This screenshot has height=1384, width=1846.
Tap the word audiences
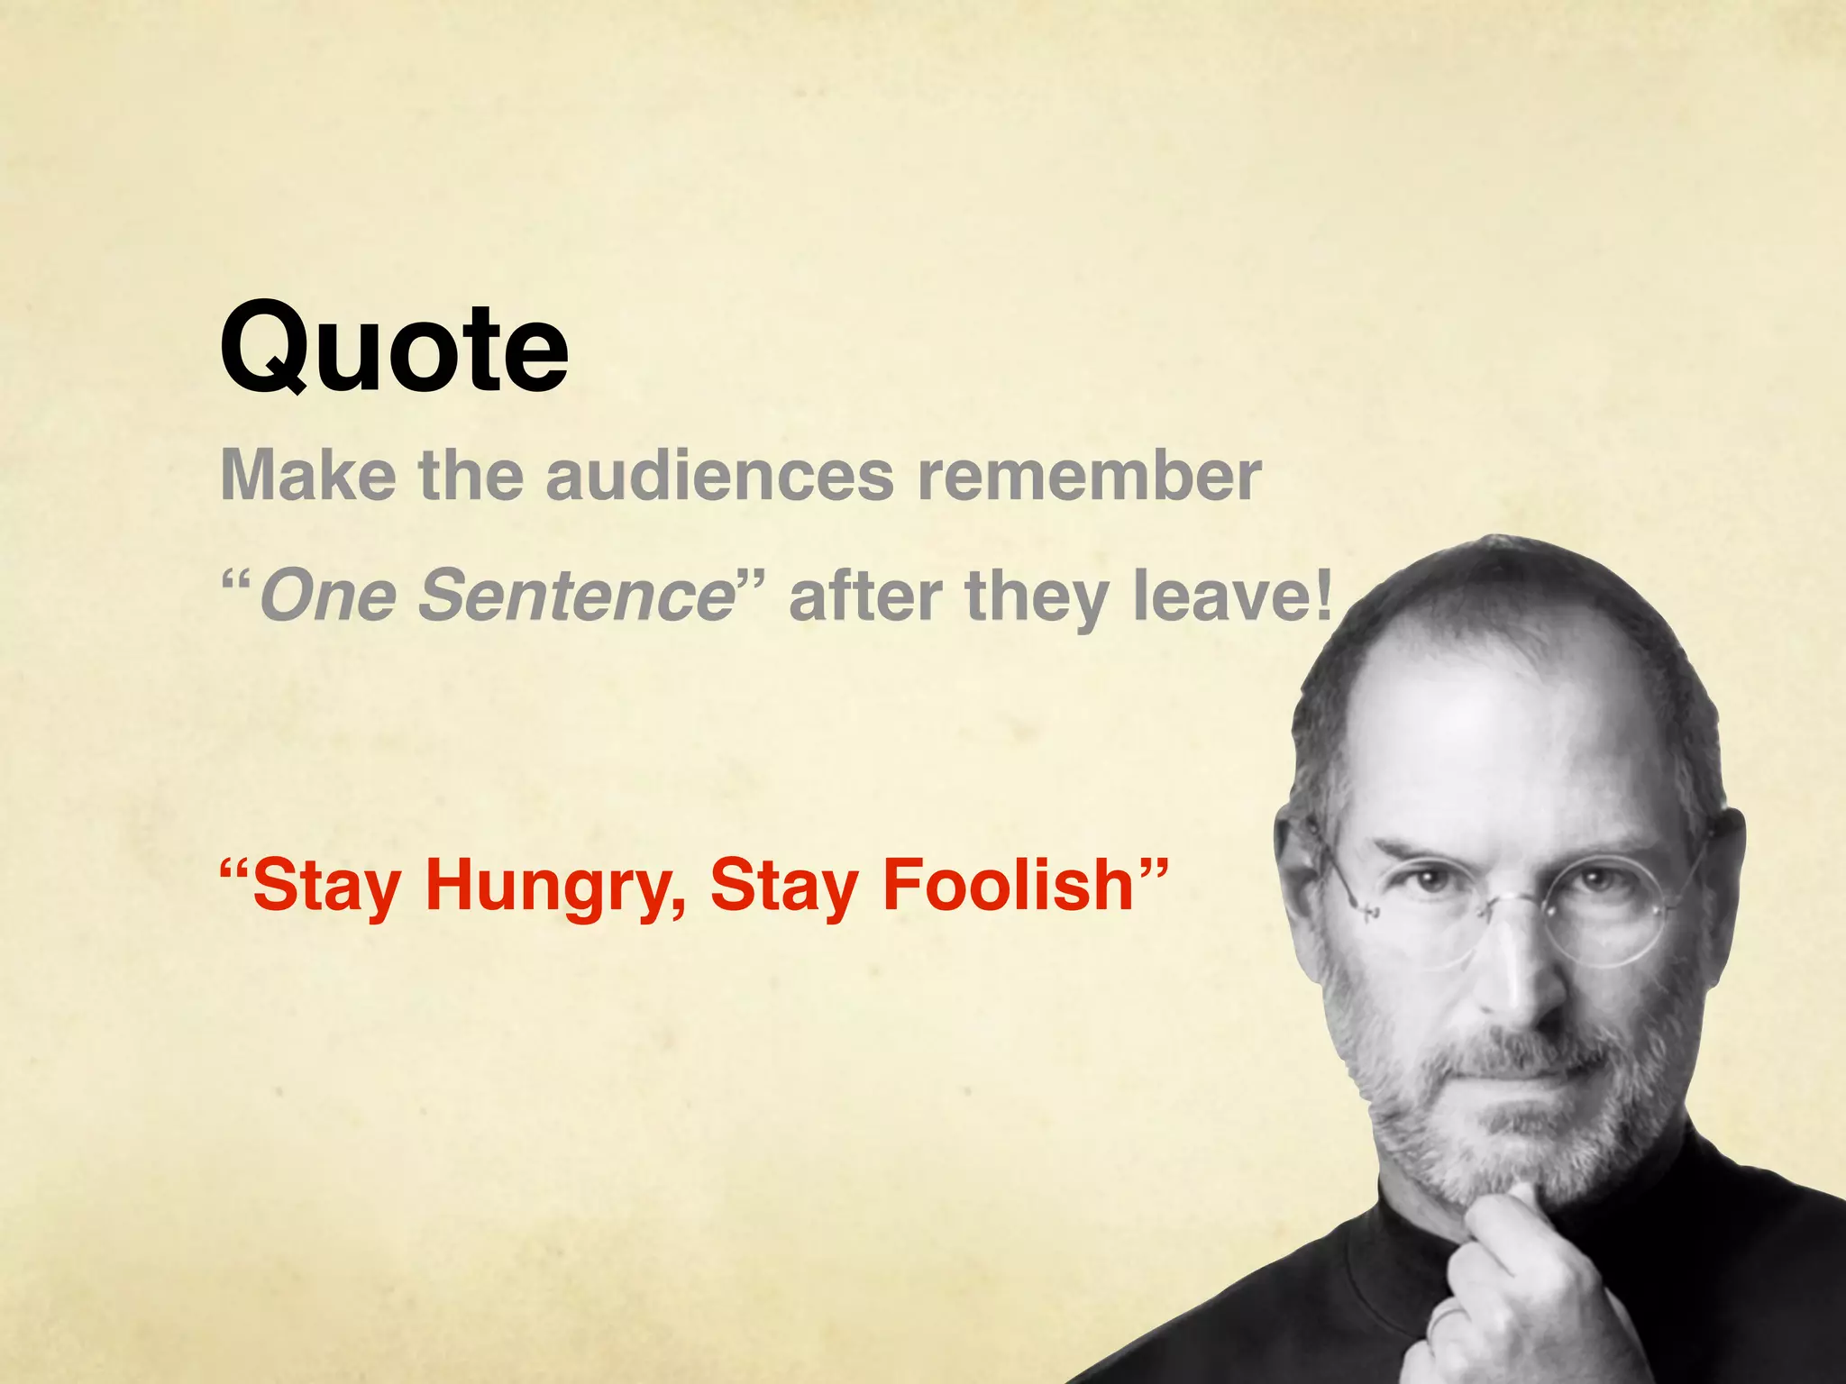pyautogui.click(x=718, y=475)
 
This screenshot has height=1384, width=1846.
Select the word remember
pyautogui.click(x=1089, y=475)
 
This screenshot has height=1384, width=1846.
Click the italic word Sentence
pyautogui.click(x=578, y=596)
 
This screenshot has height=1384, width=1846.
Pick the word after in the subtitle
pyautogui.click(x=866, y=596)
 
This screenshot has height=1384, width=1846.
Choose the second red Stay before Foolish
pyautogui.click(x=784, y=887)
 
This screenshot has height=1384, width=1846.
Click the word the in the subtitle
pyautogui.click(x=471, y=475)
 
